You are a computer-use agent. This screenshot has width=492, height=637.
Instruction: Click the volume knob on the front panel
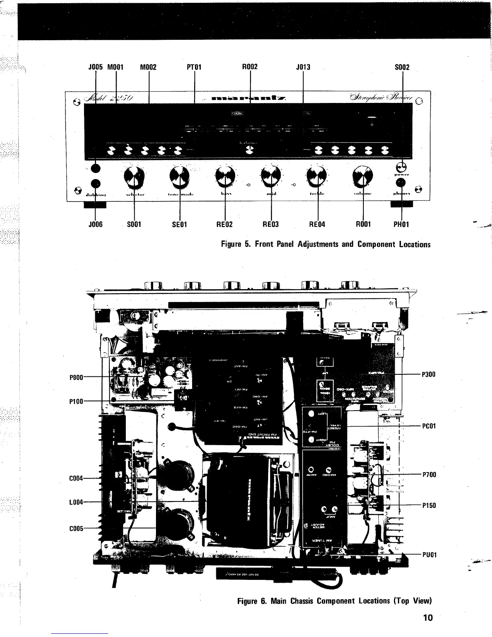click(363, 177)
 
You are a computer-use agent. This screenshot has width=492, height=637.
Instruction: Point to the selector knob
click(133, 177)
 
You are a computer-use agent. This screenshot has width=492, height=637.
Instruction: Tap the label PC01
click(429, 426)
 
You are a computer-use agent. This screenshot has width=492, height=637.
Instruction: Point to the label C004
click(76, 479)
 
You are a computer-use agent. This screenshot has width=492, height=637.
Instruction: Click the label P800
click(76, 377)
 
